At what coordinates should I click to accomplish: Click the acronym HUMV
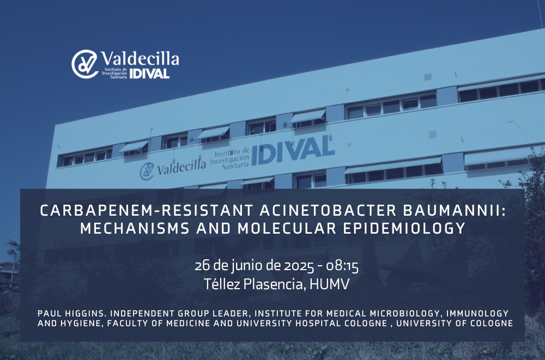pyautogui.click(x=330, y=284)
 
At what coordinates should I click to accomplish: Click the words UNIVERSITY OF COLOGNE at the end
pyautogui.click(x=455, y=323)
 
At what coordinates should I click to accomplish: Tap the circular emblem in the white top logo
pyautogui.click(x=85, y=64)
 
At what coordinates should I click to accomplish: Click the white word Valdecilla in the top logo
pyautogui.click(x=140, y=58)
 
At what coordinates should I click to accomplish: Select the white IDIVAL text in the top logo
pyautogui.click(x=149, y=74)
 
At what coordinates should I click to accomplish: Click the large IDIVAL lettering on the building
pyautogui.click(x=293, y=150)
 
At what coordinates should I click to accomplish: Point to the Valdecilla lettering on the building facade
pyautogui.click(x=181, y=167)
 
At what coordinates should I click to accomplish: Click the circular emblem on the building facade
pyautogui.click(x=147, y=171)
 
